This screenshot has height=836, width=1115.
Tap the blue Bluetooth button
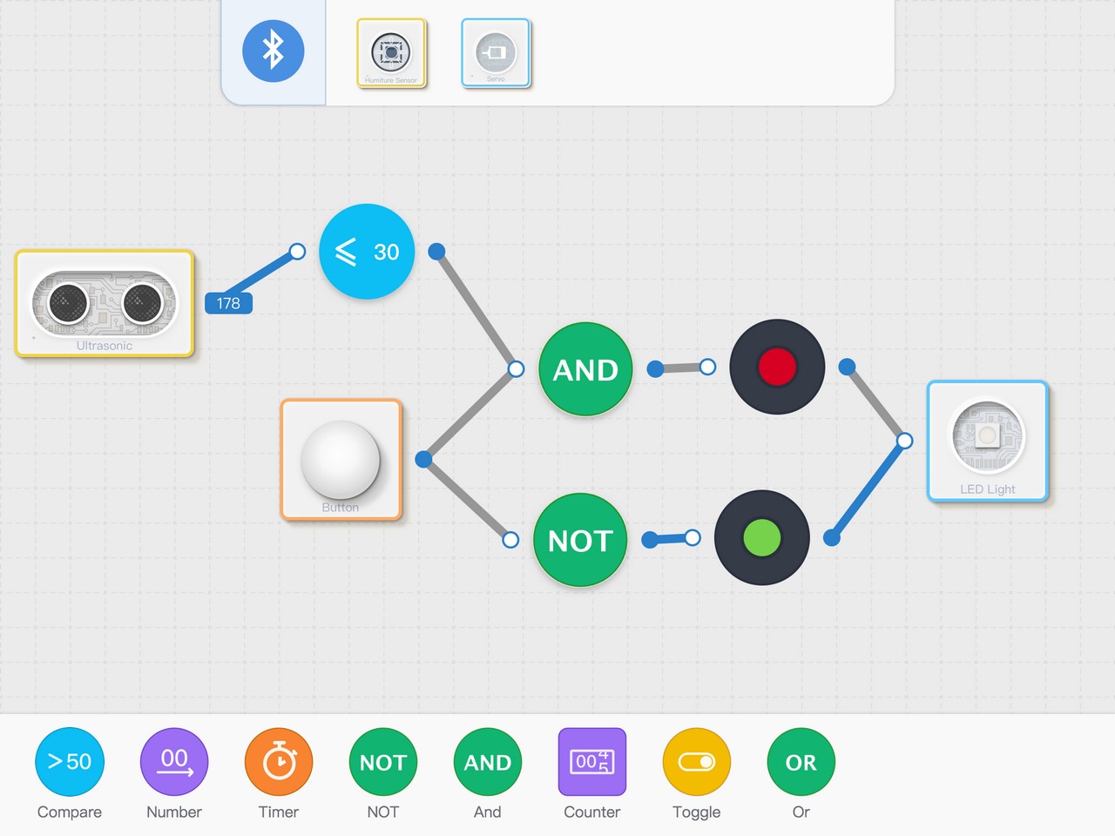coord(274,51)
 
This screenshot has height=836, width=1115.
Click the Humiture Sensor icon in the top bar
coord(391,53)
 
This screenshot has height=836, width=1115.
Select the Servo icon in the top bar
coord(496,53)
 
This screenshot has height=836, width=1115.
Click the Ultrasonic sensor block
coord(105,303)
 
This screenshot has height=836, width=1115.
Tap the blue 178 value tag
coord(228,303)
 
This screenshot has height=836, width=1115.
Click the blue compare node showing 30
coord(367,252)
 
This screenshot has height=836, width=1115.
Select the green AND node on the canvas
coord(585,369)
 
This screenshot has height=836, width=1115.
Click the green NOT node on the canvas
coord(580,540)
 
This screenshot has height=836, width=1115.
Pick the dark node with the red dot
coord(777,367)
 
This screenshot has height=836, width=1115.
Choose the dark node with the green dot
coord(762,537)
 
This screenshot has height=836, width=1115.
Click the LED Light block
coord(987,441)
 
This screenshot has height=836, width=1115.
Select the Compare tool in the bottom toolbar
coord(70,762)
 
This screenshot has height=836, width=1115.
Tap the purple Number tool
coord(174,762)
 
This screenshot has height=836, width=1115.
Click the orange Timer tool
coord(279,762)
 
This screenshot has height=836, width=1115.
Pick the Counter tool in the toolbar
coord(592,762)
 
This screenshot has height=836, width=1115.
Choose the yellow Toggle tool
coord(697,762)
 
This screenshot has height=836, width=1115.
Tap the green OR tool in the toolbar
coord(801,762)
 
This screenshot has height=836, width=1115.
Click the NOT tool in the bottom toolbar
coord(383,762)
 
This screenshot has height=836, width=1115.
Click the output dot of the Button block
coord(424,459)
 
